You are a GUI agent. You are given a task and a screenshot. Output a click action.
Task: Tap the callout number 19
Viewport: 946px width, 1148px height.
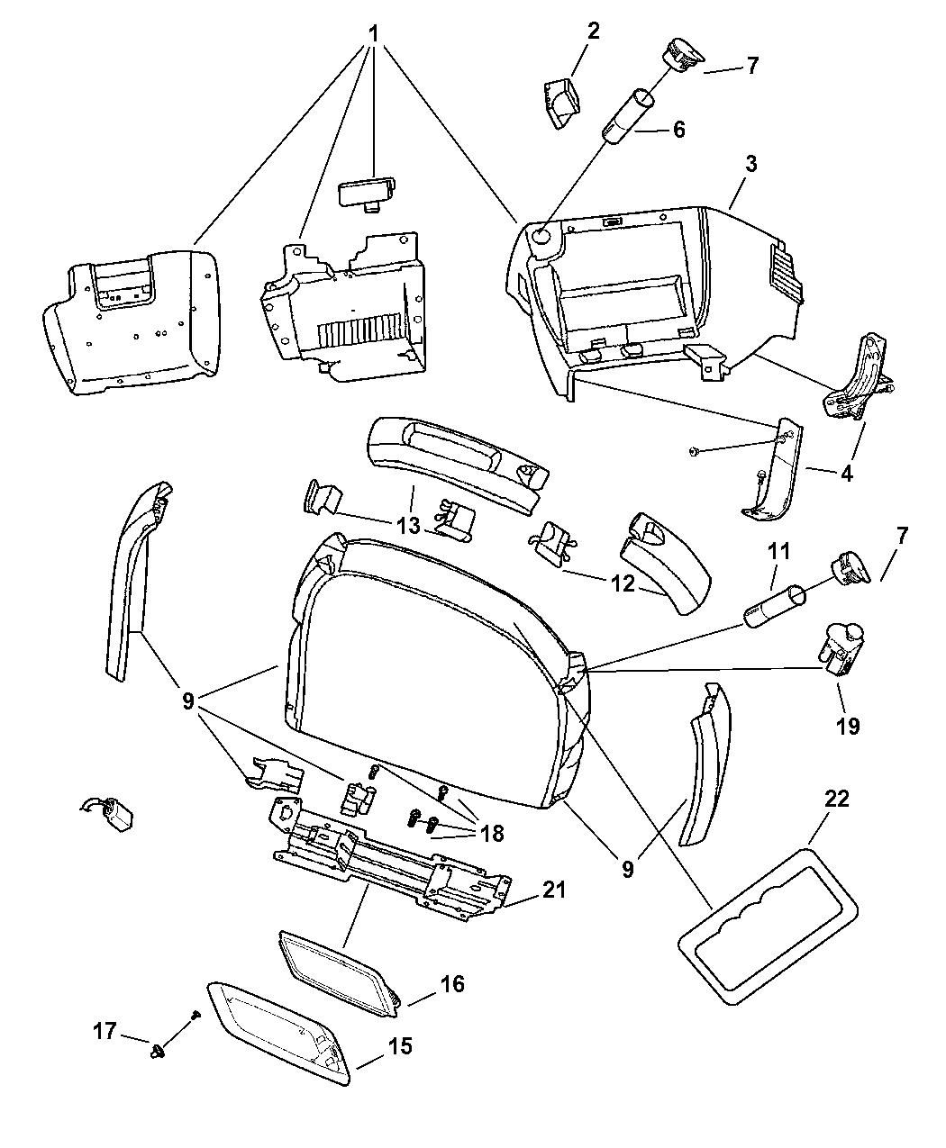tap(849, 725)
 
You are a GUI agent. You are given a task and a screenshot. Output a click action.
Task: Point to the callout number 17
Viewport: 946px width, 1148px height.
tap(105, 1030)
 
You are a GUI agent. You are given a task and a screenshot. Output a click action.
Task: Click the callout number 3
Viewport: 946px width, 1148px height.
tap(750, 164)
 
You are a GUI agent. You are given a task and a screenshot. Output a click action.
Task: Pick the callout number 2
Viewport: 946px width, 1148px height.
tap(593, 32)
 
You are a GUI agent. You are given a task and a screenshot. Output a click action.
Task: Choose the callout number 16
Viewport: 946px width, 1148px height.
tap(452, 984)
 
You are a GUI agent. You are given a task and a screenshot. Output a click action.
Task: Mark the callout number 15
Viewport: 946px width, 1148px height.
tap(400, 1046)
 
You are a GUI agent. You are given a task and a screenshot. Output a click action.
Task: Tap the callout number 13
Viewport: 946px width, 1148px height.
tap(408, 526)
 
